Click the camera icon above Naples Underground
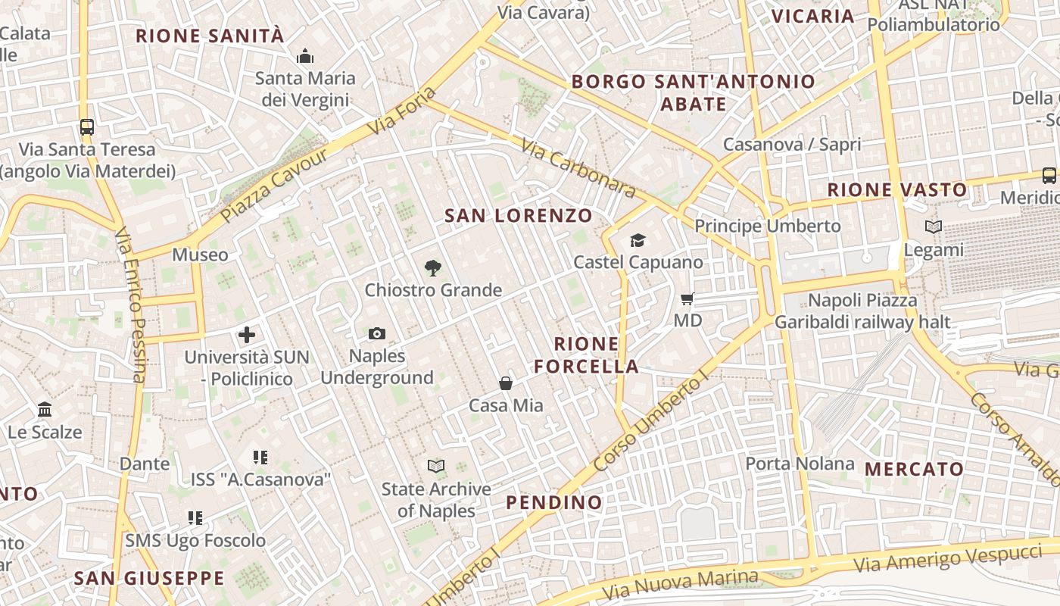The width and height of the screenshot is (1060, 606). pyautogui.click(x=376, y=333)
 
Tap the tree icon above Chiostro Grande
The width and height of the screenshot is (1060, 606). pyautogui.click(x=433, y=267)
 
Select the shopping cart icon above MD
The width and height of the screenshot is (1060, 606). pyautogui.click(x=687, y=298)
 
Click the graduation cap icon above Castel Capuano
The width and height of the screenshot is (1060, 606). pyautogui.click(x=638, y=240)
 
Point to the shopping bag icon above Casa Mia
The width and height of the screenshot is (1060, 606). pyautogui.click(x=506, y=383)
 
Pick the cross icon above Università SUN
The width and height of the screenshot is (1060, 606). pyautogui.click(x=247, y=334)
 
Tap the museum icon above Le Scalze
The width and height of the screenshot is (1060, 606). pyautogui.click(x=45, y=410)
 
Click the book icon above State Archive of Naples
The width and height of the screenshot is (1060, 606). pyautogui.click(x=436, y=466)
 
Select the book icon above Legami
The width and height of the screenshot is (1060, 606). pyautogui.click(x=934, y=226)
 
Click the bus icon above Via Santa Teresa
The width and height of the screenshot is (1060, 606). pyautogui.click(x=87, y=127)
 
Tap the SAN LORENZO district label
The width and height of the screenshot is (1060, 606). pyautogui.click(x=519, y=215)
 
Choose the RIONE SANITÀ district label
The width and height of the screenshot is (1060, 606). pyautogui.click(x=210, y=36)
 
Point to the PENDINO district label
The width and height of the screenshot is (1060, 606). pyautogui.click(x=554, y=501)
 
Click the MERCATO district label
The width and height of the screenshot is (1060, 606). pyautogui.click(x=914, y=469)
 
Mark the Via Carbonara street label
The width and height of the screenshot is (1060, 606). pyautogui.click(x=578, y=167)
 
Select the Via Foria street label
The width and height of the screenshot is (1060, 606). pyautogui.click(x=403, y=112)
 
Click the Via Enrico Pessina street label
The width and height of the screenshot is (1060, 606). pyautogui.click(x=129, y=304)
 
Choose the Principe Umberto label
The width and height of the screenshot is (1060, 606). pyautogui.click(x=768, y=226)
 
